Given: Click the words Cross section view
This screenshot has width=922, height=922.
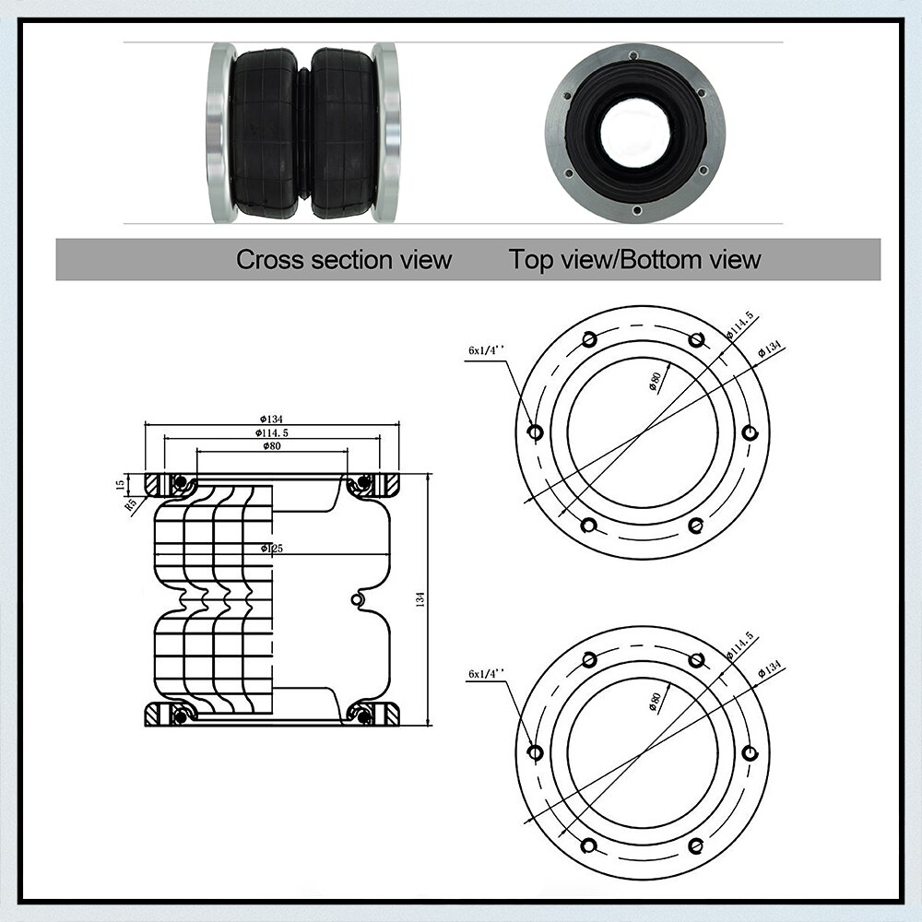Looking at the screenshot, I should (x=344, y=259).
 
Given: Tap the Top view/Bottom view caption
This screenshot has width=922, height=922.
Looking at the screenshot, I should (x=634, y=259).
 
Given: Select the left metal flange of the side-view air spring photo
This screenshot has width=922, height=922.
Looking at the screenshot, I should (x=220, y=132).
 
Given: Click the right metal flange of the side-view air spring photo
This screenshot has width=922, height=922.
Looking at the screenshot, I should (x=386, y=132).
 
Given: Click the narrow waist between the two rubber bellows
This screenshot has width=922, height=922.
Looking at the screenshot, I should (x=303, y=132).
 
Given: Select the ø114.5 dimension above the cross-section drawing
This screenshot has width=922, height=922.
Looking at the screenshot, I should (x=272, y=432).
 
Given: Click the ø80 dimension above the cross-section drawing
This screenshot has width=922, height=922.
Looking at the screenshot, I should (x=271, y=446).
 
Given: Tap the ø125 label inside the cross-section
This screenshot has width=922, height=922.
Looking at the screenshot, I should (x=272, y=549).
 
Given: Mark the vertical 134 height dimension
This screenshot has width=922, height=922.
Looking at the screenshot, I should (x=420, y=599).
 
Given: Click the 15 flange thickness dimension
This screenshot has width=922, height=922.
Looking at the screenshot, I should (x=119, y=484).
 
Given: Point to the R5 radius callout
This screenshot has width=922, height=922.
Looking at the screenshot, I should (x=131, y=504).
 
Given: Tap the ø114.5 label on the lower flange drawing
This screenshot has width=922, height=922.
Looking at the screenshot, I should (x=740, y=645).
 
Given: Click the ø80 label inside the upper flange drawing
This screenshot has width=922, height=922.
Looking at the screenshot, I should (x=656, y=382).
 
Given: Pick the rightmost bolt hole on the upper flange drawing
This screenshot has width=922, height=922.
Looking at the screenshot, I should (x=751, y=433).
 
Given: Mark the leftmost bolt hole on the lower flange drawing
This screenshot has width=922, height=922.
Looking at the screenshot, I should (x=535, y=752).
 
